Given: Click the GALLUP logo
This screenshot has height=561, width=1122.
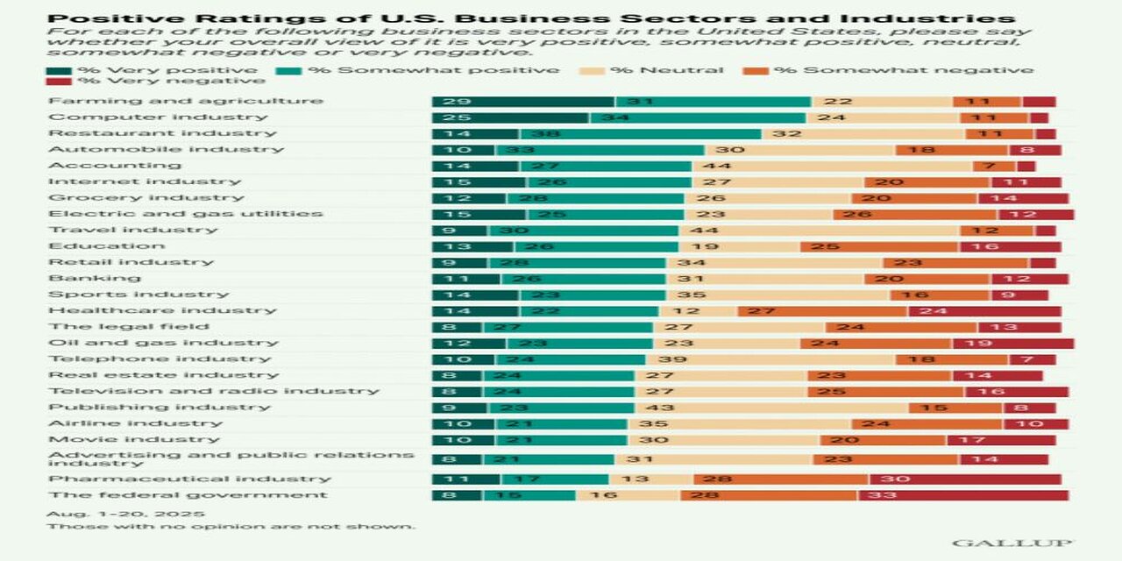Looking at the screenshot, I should pyautogui.click(x=1012, y=543).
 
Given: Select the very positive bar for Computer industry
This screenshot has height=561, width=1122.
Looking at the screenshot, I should pyautogui.click(x=509, y=117).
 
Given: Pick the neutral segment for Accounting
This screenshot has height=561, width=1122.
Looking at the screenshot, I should pyautogui.click(x=832, y=166).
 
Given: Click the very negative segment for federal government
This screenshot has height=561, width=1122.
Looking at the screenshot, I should pyautogui.click(x=962, y=495).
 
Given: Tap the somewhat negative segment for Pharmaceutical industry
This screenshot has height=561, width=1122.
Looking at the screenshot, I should pyautogui.click(x=781, y=479).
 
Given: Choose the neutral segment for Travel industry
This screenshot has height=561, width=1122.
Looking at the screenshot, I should pyautogui.click(x=819, y=230).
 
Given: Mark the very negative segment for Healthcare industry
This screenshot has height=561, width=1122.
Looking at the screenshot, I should pyautogui.click(x=984, y=310).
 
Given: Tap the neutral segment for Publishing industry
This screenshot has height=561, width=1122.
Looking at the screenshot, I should pyautogui.click(x=770, y=408).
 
